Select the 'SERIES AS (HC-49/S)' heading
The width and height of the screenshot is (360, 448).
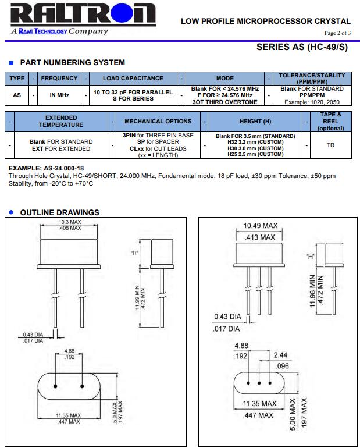coord(302,48)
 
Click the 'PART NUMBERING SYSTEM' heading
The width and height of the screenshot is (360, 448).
coord(72,62)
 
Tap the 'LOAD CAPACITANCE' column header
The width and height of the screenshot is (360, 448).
coord(133,78)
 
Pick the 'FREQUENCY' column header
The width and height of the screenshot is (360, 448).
coord(59,78)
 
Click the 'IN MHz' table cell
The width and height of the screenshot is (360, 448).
coord(59,95)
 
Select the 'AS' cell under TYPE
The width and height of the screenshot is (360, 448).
coord(17,95)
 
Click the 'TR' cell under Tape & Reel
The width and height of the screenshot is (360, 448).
coord(330,145)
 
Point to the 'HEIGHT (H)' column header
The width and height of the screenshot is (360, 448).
coord(255,122)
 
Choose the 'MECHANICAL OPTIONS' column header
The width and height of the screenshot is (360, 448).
coord(158,122)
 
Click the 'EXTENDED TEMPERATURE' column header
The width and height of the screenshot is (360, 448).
coord(60,121)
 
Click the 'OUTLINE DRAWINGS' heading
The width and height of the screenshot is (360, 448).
coord(60,212)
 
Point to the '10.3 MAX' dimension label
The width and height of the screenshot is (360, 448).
coord(70,222)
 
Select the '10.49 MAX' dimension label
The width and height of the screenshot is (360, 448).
coord(260,226)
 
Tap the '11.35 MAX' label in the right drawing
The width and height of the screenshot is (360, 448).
coord(259,403)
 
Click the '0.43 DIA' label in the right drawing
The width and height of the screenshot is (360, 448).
coord(227,317)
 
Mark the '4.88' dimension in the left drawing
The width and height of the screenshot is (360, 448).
coord(70,351)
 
